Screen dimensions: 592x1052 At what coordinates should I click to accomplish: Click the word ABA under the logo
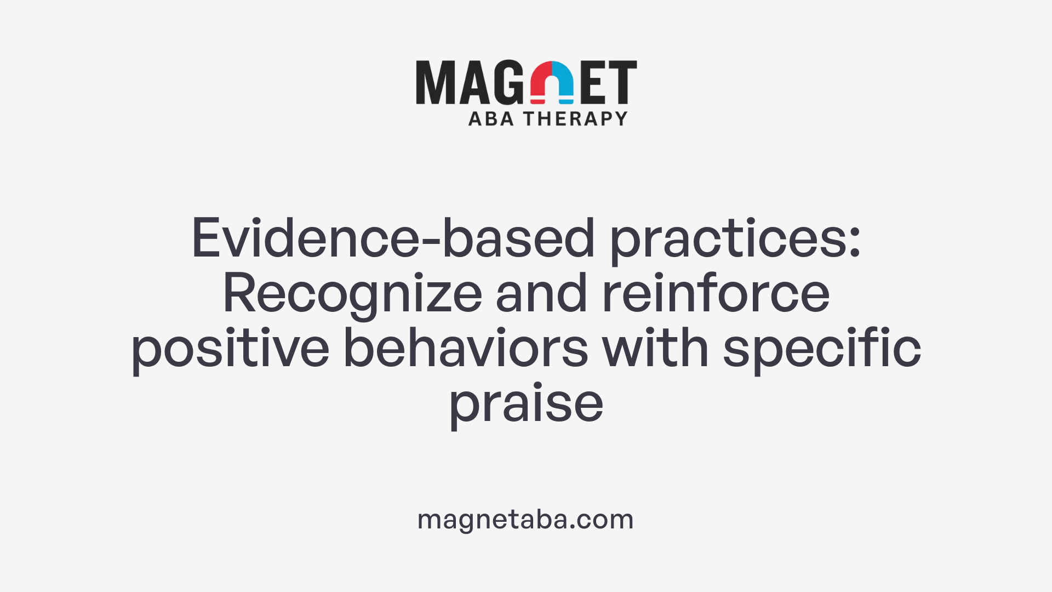(x=491, y=119)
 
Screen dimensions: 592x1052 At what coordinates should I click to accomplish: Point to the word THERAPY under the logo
(x=575, y=119)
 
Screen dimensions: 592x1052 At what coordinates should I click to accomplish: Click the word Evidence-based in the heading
(x=393, y=238)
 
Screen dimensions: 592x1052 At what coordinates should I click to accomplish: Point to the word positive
(x=230, y=349)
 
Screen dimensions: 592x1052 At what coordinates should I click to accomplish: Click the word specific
(x=822, y=349)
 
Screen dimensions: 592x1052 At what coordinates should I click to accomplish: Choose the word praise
(x=526, y=404)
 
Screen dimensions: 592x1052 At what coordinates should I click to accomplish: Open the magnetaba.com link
(x=525, y=519)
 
